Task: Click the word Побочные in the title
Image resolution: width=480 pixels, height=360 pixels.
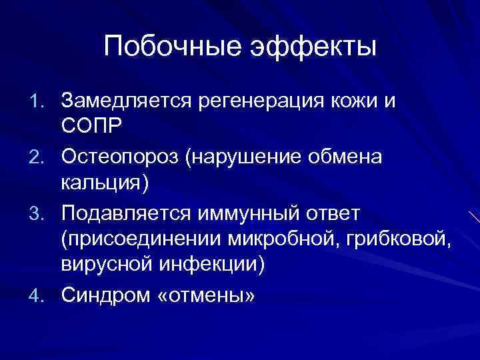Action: [174, 47]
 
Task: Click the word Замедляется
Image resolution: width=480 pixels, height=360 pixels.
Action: [126, 101]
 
